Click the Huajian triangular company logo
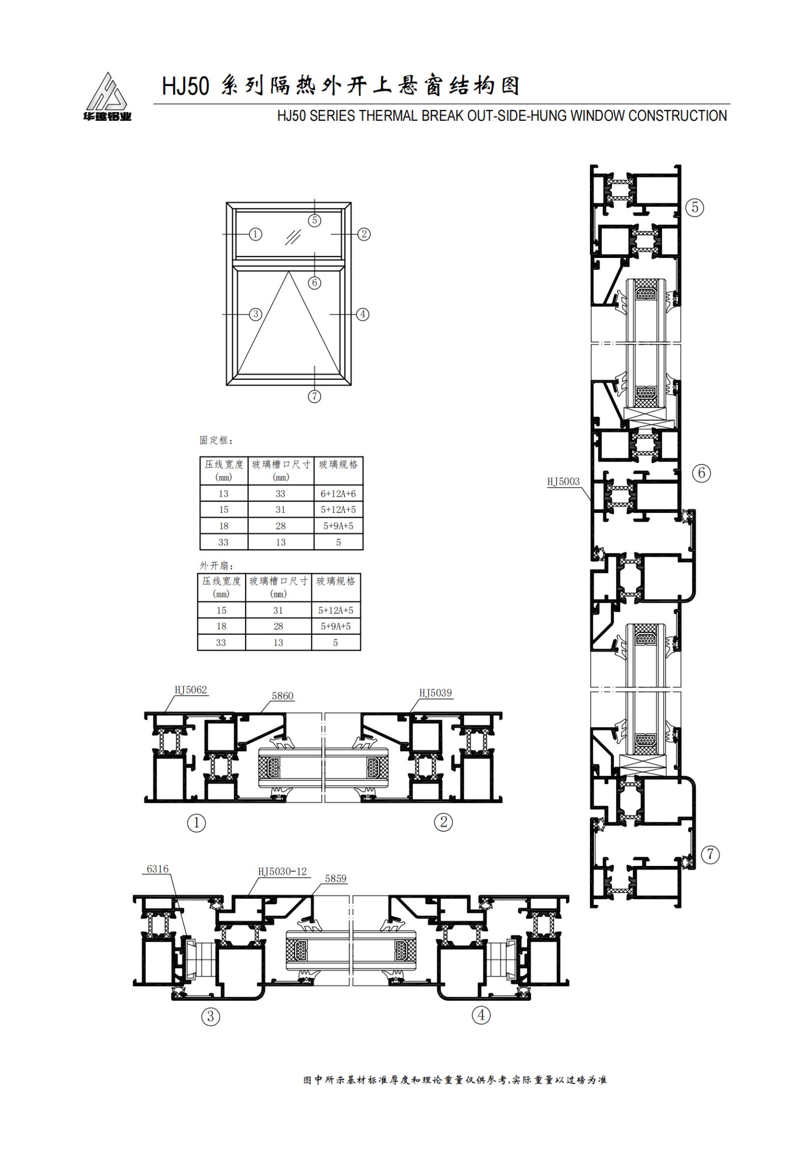tap(107, 97)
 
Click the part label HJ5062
tap(191, 690)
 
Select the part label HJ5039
tap(435, 693)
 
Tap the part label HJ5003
tap(563, 481)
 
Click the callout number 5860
tap(282, 696)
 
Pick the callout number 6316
tap(158, 869)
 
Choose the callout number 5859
tap(336, 878)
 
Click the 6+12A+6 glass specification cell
tap(338, 493)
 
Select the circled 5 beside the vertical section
tap(695, 207)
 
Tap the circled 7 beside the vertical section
tap(710, 854)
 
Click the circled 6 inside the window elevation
tap(314, 283)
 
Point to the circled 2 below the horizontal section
tap(443, 822)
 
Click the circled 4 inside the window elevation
tap(362, 314)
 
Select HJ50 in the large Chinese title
tap(185, 86)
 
